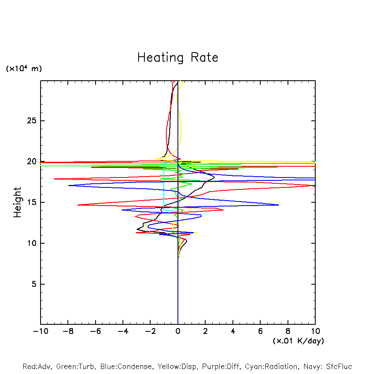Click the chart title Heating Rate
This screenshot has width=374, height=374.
[x=177, y=57]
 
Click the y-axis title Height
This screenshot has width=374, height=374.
[x=17, y=202]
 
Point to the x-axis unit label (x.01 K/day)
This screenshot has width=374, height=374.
[x=298, y=341]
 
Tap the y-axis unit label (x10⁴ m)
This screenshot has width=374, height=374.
[x=24, y=69]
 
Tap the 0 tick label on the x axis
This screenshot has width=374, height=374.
[x=178, y=331]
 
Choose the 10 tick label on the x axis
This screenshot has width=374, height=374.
[x=315, y=331]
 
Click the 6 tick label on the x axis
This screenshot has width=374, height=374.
[x=260, y=331]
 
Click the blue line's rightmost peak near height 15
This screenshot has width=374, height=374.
[x=278, y=205]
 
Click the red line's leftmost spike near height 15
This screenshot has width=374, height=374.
[x=78, y=205]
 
